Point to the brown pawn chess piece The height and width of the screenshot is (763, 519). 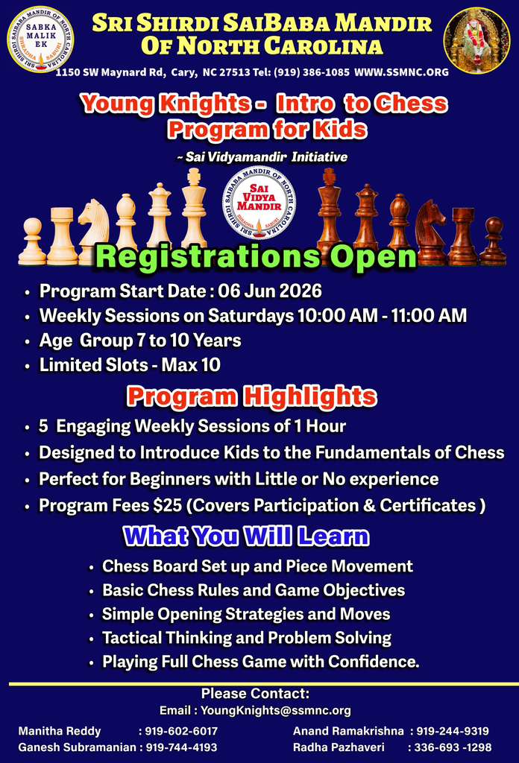[493, 241]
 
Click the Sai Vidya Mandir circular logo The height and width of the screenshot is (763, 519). [259, 203]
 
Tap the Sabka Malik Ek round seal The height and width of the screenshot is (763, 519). [40, 39]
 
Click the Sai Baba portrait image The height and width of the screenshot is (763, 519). [476, 40]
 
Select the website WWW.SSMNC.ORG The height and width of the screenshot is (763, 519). [401, 72]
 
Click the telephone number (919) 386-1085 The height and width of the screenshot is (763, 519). [312, 72]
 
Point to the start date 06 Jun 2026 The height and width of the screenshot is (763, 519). [270, 291]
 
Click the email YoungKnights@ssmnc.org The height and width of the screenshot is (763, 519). [276, 710]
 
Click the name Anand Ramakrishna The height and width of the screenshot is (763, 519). [348, 731]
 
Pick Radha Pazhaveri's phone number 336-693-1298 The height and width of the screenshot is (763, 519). [453, 747]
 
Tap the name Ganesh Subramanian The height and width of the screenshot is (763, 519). [77, 747]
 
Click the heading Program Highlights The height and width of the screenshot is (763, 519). [252, 396]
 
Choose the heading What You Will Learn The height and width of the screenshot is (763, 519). [246, 536]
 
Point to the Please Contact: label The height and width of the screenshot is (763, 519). [256, 694]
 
